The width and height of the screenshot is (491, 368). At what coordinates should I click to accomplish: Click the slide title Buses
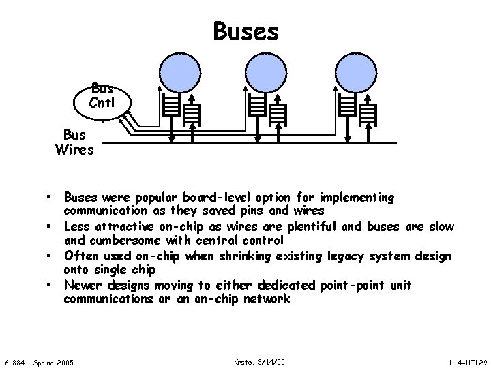(245, 31)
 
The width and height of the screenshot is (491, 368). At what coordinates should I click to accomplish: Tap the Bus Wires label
(74, 141)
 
